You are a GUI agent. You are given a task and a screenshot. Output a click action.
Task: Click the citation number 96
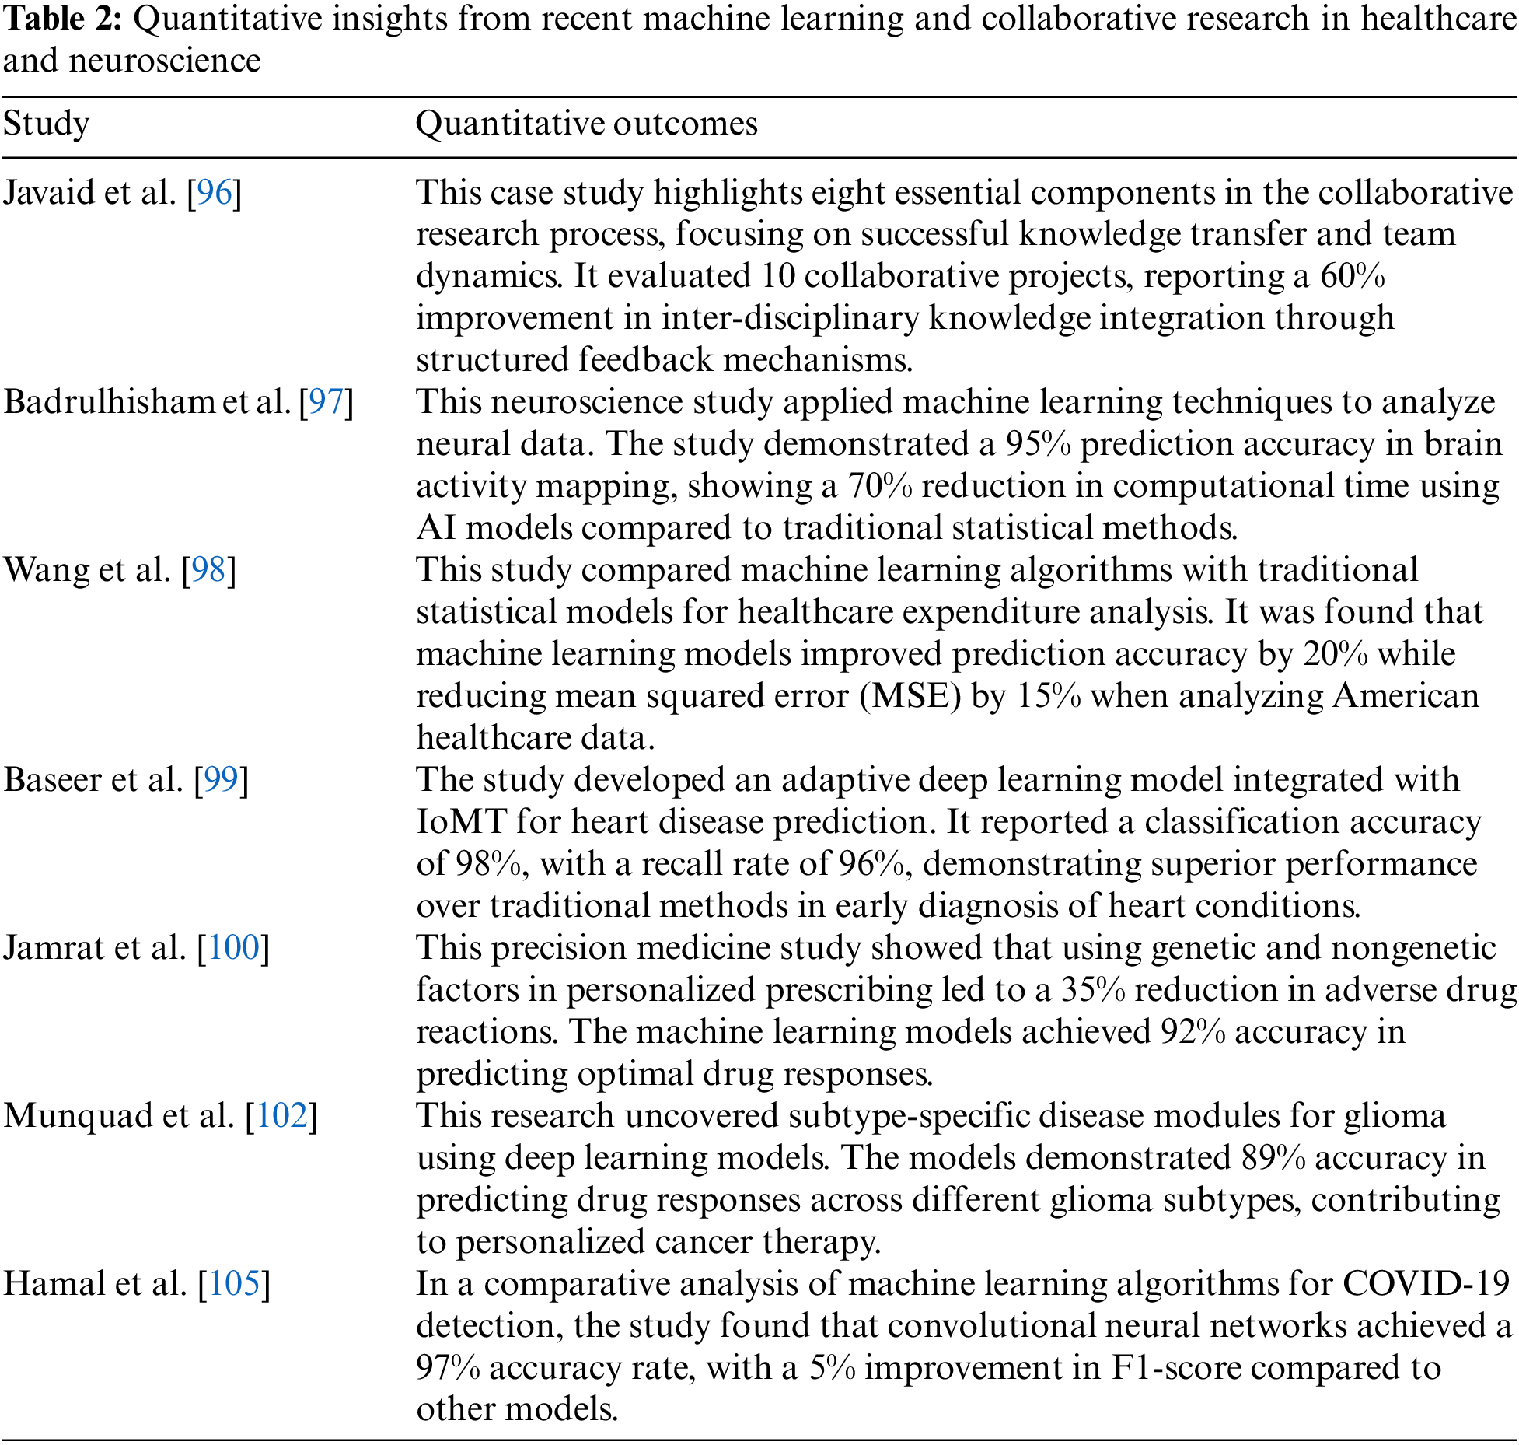click(215, 192)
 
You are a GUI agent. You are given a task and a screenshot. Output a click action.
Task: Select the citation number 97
click(326, 401)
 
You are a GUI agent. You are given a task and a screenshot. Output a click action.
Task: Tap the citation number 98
click(208, 569)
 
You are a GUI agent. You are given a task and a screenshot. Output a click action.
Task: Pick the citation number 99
click(221, 779)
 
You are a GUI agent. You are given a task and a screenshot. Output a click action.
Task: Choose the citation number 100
click(233, 947)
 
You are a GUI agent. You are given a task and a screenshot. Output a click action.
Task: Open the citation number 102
click(282, 1115)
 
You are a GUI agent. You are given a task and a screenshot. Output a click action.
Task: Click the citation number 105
click(234, 1283)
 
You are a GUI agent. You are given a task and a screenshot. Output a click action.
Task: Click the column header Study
click(47, 124)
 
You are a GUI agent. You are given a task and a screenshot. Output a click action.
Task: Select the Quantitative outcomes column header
click(586, 124)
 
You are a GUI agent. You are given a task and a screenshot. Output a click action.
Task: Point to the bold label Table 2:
click(62, 19)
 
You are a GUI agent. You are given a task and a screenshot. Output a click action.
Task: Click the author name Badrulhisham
click(109, 401)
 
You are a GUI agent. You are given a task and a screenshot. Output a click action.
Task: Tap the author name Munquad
click(78, 1115)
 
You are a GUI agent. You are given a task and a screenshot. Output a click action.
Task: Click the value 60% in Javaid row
click(1353, 276)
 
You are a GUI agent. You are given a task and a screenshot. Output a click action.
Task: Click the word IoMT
click(462, 822)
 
